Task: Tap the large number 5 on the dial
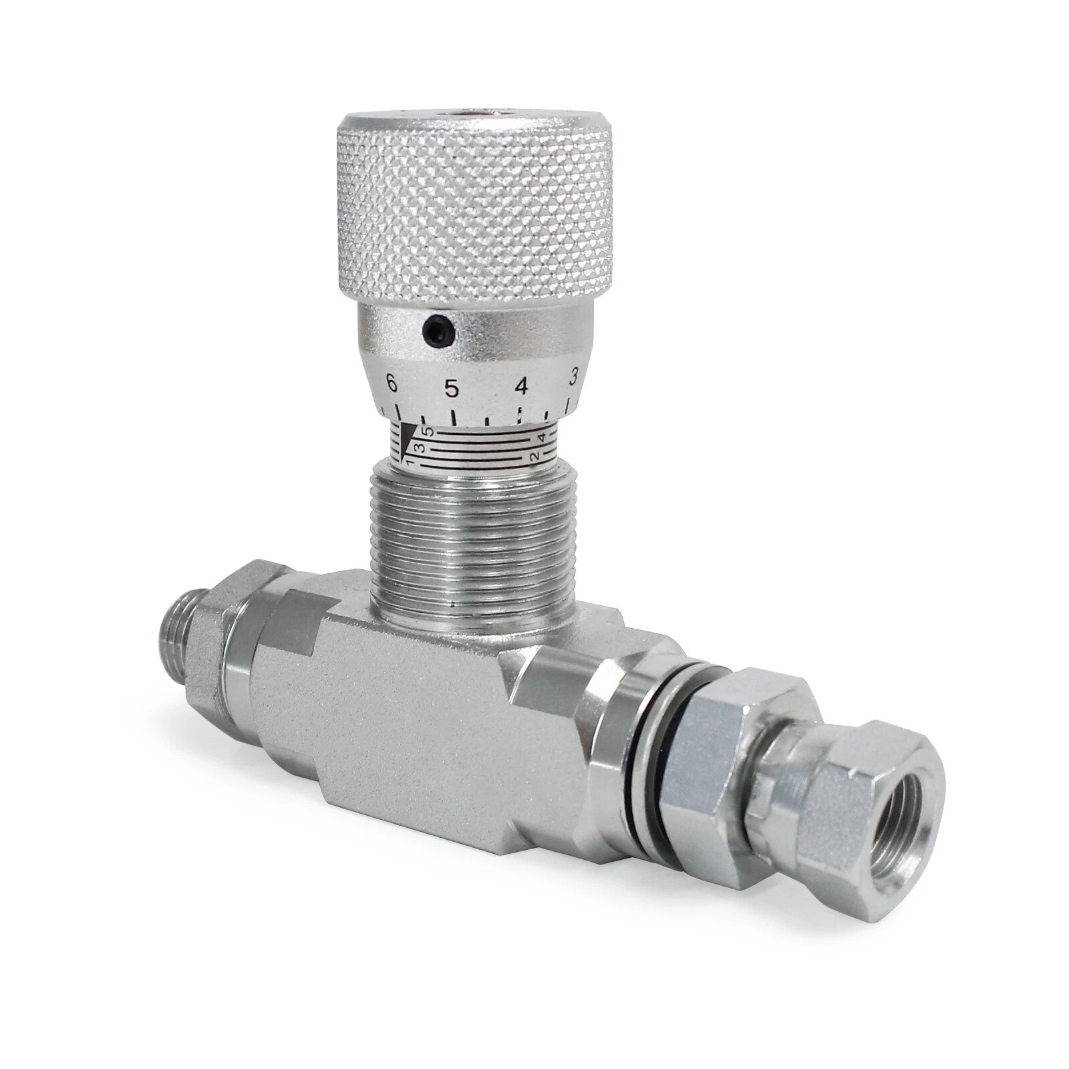(452, 388)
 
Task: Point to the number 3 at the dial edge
(573, 377)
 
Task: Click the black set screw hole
(438, 330)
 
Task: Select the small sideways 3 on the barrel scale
(420, 447)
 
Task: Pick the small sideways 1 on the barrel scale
(410, 462)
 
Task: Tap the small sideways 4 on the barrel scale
(543, 438)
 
